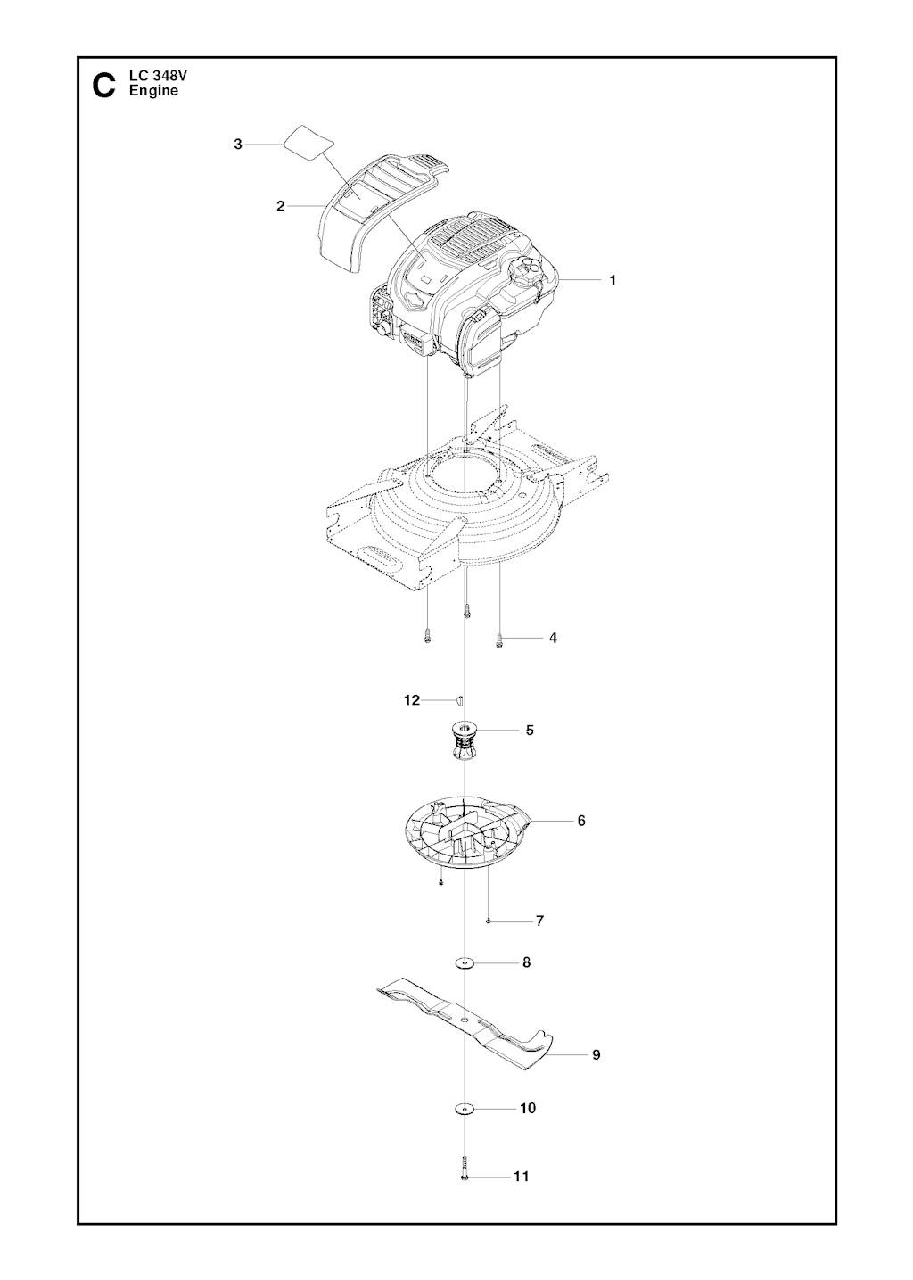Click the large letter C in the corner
[103, 85]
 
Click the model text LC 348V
[153, 77]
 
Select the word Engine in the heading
[153, 91]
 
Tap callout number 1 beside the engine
[613, 281]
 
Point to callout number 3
[238, 145]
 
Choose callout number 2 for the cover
[280, 206]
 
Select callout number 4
[553, 638]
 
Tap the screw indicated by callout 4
[498, 640]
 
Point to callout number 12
[412, 700]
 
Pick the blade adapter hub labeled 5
[465, 741]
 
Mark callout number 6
[581, 821]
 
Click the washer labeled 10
[465, 1126]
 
